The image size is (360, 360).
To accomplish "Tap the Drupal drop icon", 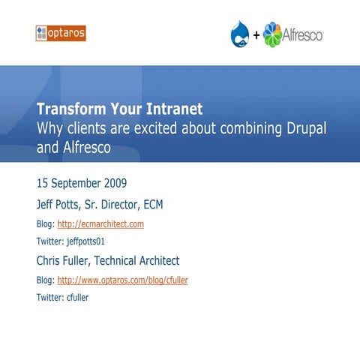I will (241, 33).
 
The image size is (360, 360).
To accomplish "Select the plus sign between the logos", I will (256, 35).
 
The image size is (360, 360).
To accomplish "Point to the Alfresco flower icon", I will (273, 34).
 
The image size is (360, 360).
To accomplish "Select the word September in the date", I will (82, 183).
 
